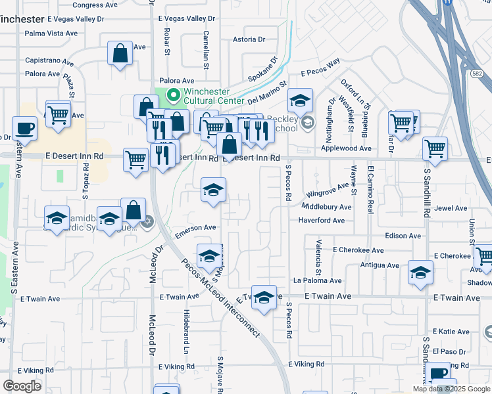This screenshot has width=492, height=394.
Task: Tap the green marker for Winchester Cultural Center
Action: pyautogui.click(x=174, y=97)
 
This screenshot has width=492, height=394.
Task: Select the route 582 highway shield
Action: pyautogui.click(x=477, y=72)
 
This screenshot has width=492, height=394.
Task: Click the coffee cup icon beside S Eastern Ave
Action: pyautogui.click(x=25, y=127)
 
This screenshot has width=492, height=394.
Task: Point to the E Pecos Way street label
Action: pyautogui.click(x=320, y=68)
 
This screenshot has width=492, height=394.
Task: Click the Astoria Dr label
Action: pyautogui.click(x=249, y=39)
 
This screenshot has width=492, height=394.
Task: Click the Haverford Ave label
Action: pyautogui.click(x=322, y=220)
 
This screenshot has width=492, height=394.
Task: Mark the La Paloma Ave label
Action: pyautogui.click(x=319, y=280)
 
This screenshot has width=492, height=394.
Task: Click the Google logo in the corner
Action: pyautogui.click(x=22, y=385)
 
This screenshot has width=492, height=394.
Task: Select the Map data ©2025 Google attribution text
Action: pyautogui.click(x=451, y=389)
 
